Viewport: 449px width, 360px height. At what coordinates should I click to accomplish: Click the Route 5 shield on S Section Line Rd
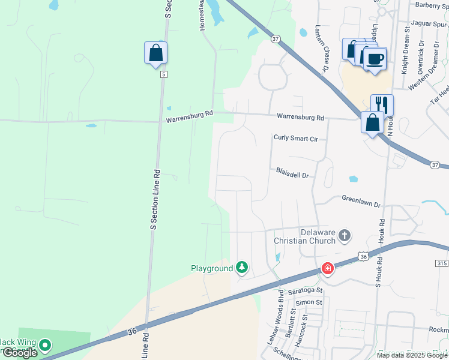(163, 74)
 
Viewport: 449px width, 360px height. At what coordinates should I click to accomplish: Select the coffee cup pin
(375, 59)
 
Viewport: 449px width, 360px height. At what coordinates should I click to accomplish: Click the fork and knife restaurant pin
(381, 104)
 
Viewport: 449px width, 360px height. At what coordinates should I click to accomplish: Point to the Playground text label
(211, 268)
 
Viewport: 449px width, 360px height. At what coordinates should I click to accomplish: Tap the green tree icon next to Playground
(241, 267)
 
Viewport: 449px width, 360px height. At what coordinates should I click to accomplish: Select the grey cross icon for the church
(345, 235)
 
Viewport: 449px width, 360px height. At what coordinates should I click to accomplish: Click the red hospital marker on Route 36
(328, 268)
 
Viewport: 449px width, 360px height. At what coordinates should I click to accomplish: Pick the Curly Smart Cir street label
(295, 138)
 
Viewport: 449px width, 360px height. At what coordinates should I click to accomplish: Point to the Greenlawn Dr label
(361, 201)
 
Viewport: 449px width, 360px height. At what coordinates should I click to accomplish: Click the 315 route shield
(441, 263)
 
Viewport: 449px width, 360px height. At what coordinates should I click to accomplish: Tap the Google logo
(19, 353)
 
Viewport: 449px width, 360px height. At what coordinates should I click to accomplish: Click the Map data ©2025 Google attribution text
(412, 355)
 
